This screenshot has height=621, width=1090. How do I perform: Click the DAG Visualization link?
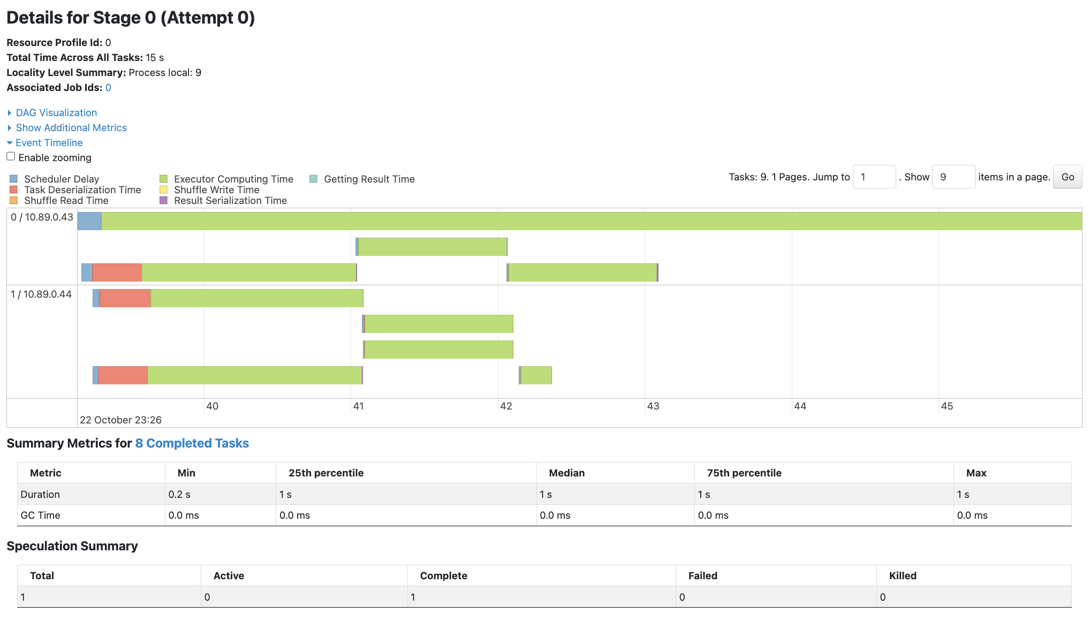coord(56,113)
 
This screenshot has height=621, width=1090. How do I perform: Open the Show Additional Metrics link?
coord(71,128)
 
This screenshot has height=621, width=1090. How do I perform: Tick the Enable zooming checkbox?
coord(11,156)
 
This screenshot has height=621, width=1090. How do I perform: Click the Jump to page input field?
coord(874,177)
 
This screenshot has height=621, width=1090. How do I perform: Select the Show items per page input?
coord(953,177)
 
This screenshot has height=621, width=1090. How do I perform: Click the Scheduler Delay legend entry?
coord(62,179)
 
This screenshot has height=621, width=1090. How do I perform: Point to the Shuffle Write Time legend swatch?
coord(163,190)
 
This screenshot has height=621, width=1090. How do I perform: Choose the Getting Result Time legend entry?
coord(369,179)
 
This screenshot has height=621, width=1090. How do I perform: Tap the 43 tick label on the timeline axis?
coord(653,406)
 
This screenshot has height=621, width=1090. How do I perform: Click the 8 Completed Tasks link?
coord(192,443)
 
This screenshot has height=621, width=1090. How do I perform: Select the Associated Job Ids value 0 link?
coord(108,88)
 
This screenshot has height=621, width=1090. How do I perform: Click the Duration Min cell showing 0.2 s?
coord(179,494)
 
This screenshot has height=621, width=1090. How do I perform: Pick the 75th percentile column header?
coord(744,473)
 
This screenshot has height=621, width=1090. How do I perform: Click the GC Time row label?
coord(40,515)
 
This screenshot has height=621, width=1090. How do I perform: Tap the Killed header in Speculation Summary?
coord(903,575)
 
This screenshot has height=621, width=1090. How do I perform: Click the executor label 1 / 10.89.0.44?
coord(41,294)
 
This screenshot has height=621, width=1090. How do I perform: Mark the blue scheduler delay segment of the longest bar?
coord(89,221)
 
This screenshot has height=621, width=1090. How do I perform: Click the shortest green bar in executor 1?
coord(536,375)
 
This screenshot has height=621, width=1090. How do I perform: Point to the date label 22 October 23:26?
coord(120,420)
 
